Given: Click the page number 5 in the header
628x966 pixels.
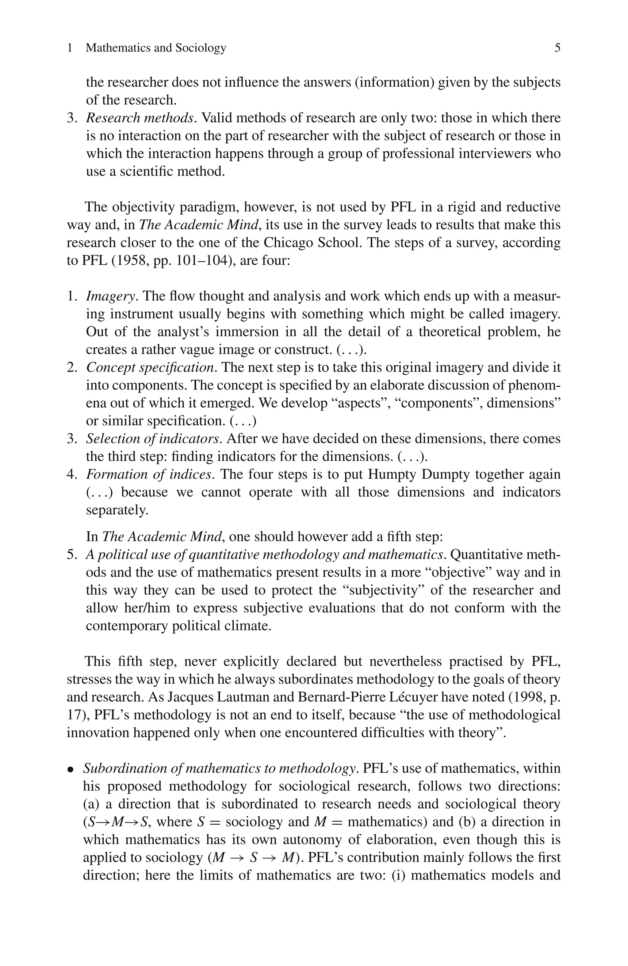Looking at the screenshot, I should pyautogui.click(x=557, y=48).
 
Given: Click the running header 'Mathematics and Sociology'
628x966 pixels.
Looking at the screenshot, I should pyautogui.click(x=156, y=48).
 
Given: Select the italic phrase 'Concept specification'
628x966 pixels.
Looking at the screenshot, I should pyautogui.click(x=150, y=368).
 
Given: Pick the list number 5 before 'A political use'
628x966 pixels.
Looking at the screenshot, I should pyautogui.click(x=71, y=554).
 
